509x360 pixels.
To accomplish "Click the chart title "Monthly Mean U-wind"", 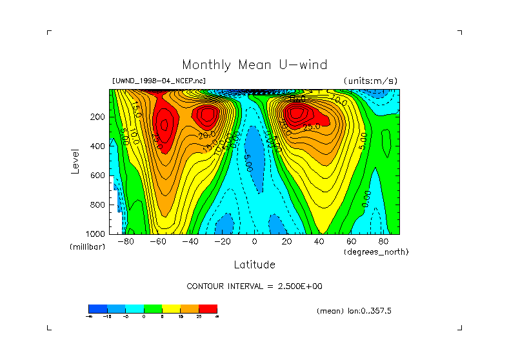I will pyautogui.click(x=254, y=65).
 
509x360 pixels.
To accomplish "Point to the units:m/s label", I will pyautogui.click(x=370, y=81).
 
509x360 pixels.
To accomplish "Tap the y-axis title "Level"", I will pyautogui.click(x=75, y=160).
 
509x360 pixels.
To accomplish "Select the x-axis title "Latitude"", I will pyautogui.click(x=254, y=265).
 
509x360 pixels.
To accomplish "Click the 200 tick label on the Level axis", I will pyautogui.click(x=97, y=117).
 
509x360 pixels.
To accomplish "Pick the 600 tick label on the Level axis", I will pyautogui.click(x=97, y=175).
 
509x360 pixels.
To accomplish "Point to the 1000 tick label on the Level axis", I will pyautogui.click(x=95, y=234).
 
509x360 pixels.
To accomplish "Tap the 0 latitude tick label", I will pyautogui.click(x=255, y=241).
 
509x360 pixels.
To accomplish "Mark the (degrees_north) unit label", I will pyautogui.click(x=376, y=252).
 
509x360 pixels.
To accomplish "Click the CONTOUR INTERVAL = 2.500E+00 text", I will pyautogui.click(x=254, y=286).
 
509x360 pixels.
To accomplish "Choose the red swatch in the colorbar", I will pyautogui.click(x=208, y=308).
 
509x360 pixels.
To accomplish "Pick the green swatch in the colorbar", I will pyautogui.click(x=152, y=308).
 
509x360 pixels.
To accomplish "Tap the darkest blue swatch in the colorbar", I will pyautogui.click(x=97, y=308).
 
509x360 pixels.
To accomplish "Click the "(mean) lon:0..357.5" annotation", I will pyautogui.click(x=354, y=311).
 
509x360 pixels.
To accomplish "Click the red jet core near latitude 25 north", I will pyautogui.click(x=296, y=114).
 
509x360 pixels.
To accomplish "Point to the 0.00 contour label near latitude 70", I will pyautogui.click(x=366, y=197).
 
